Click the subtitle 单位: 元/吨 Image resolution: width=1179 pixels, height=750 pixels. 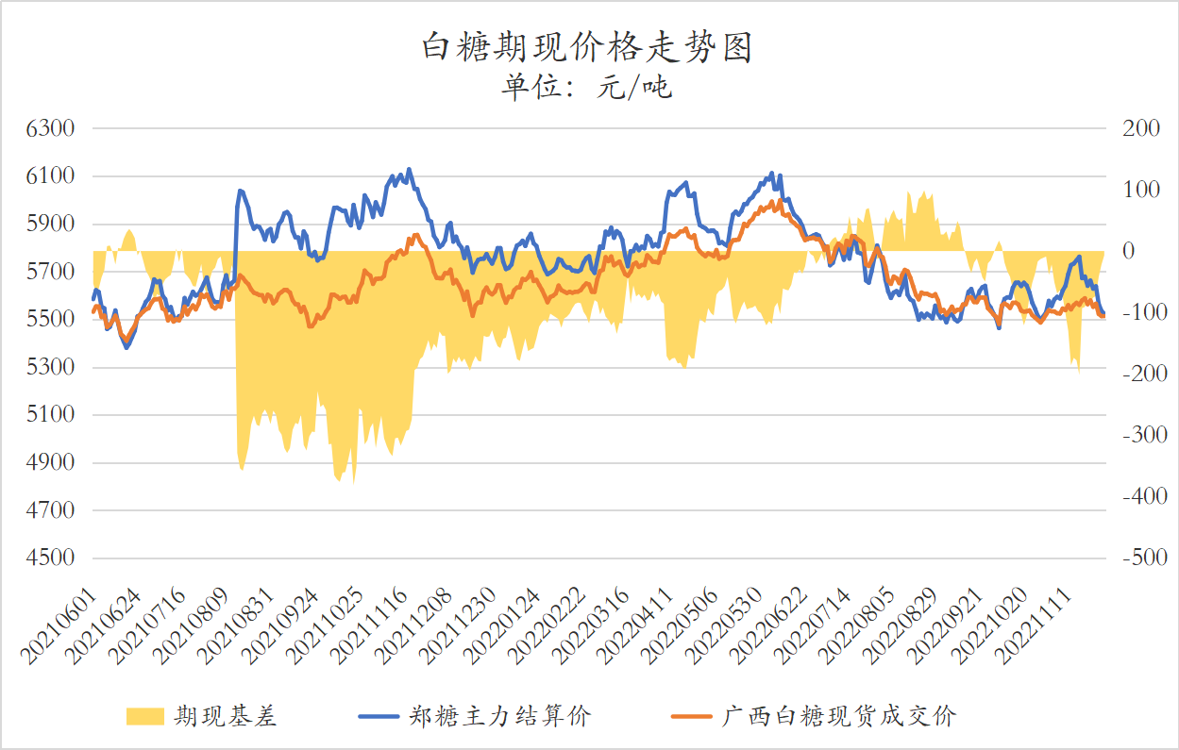pos(586,89)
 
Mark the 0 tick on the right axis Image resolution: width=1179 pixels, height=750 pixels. pos(1127,251)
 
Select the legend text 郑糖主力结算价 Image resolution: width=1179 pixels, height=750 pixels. pos(499,717)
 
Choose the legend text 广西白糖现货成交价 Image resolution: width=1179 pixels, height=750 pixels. pos(839,717)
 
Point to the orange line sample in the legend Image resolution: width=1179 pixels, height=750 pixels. pos(690,717)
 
